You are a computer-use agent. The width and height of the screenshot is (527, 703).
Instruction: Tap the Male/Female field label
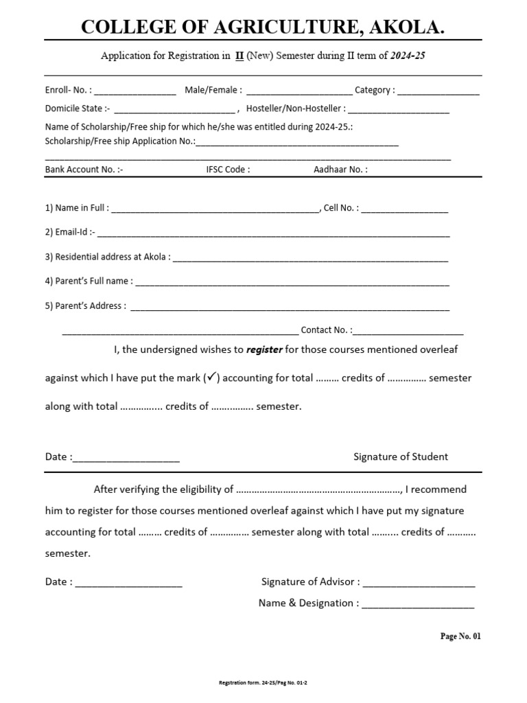(213, 90)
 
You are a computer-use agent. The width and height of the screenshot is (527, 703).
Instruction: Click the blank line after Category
(438, 92)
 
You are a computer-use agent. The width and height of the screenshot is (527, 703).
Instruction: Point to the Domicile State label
(77, 108)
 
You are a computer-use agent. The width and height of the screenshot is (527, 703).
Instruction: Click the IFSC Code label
(228, 169)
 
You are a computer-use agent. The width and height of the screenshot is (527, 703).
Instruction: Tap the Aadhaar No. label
(340, 169)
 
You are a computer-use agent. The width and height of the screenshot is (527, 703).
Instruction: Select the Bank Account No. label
(84, 169)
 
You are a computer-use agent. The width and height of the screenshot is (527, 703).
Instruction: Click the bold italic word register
(264, 349)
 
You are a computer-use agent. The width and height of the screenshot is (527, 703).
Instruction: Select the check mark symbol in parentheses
(211, 378)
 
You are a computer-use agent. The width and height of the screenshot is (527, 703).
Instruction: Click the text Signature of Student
(401, 457)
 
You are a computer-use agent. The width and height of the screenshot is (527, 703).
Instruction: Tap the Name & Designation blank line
(417, 606)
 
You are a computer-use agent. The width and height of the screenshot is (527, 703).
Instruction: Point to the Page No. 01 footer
(460, 636)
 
